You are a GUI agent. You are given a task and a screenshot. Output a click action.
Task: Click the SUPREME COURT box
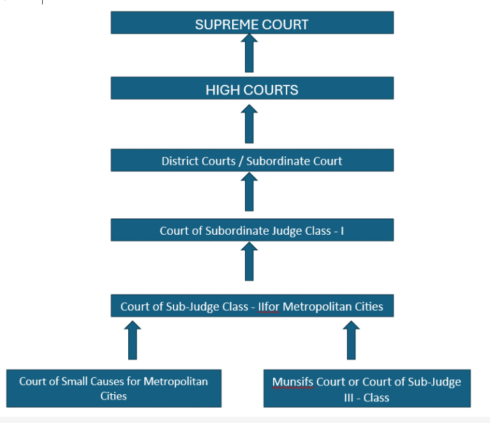[x=252, y=23]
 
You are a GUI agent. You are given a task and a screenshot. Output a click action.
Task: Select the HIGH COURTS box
[x=252, y=89]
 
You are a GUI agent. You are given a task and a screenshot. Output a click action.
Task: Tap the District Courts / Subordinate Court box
[x=252, y=161]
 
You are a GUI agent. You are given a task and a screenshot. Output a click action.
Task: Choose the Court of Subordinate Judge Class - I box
[x=252, y=230]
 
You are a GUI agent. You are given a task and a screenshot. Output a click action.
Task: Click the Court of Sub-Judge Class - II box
[x=252, y=306]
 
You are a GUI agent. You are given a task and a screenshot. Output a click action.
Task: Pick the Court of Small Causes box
[x=114, y=388]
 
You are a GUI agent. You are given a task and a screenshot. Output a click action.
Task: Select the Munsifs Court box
[x=366, y=389]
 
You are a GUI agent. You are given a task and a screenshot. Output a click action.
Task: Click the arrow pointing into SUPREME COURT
[x=249, y=54]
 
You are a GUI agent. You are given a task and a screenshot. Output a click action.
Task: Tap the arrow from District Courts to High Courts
[x=249, y=124]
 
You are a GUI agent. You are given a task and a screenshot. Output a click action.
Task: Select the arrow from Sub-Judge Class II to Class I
[x=249, y=262]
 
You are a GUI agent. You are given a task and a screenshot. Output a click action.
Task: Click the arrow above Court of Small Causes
[x=133, y=340]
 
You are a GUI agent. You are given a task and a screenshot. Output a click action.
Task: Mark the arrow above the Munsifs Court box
[x=351, y=340]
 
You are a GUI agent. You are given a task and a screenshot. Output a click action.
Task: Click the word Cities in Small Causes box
[x=114, y=396]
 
